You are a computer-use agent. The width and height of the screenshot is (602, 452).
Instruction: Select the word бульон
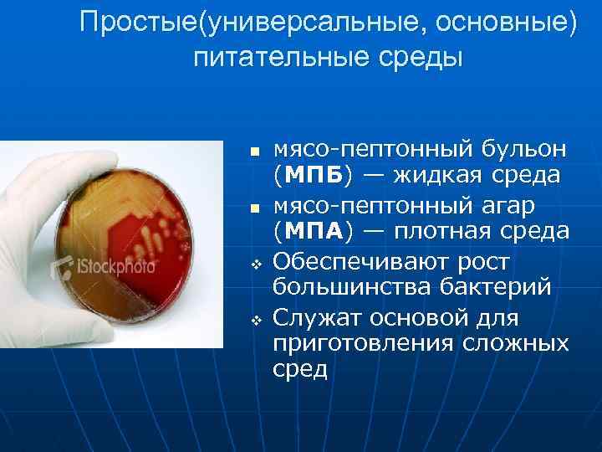(x=523, y=150)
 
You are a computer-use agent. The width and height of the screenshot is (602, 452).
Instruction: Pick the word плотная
(x=442, y=231)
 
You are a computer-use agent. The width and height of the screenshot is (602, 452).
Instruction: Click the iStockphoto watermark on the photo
(x=105, y=268)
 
